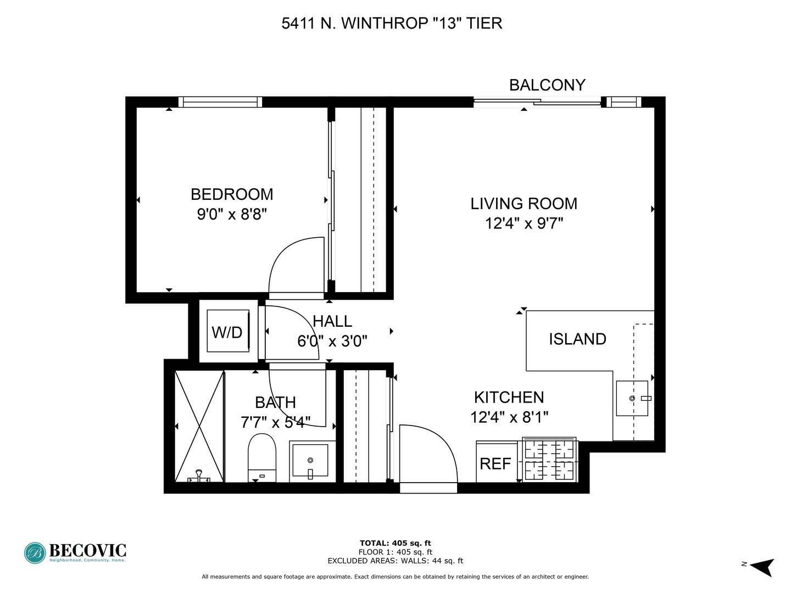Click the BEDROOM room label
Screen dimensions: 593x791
click(x=231, y=194)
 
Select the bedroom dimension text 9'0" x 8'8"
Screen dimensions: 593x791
click(x=231, y=214)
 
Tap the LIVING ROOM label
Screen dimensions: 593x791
click(x=523, y=204)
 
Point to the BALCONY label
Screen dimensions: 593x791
click(x=547, y=85)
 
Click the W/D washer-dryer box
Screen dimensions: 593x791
click(x=227, y=332)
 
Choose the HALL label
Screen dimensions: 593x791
click(x=332, y=321)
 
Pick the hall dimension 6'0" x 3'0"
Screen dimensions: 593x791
click(x=332, y=342)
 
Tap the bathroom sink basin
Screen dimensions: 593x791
click(x=310, y=460)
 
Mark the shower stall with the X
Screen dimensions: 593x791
click(x=199, y=426)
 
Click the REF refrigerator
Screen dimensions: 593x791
click(x=497, y=463)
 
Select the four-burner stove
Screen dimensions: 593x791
click(x=549, y=460)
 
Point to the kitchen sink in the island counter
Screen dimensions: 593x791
click(x=632, y=398)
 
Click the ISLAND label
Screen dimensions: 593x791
click(x=577, y=339)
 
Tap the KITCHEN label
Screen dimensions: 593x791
click(x=509, y=398)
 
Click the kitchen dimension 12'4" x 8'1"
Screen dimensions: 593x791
click(x=509, y=417)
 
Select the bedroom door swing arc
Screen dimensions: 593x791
click(x=291, y=264)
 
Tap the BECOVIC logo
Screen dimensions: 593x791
click(x=75, y=552)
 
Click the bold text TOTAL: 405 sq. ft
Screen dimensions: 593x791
click(x=395, y=544)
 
